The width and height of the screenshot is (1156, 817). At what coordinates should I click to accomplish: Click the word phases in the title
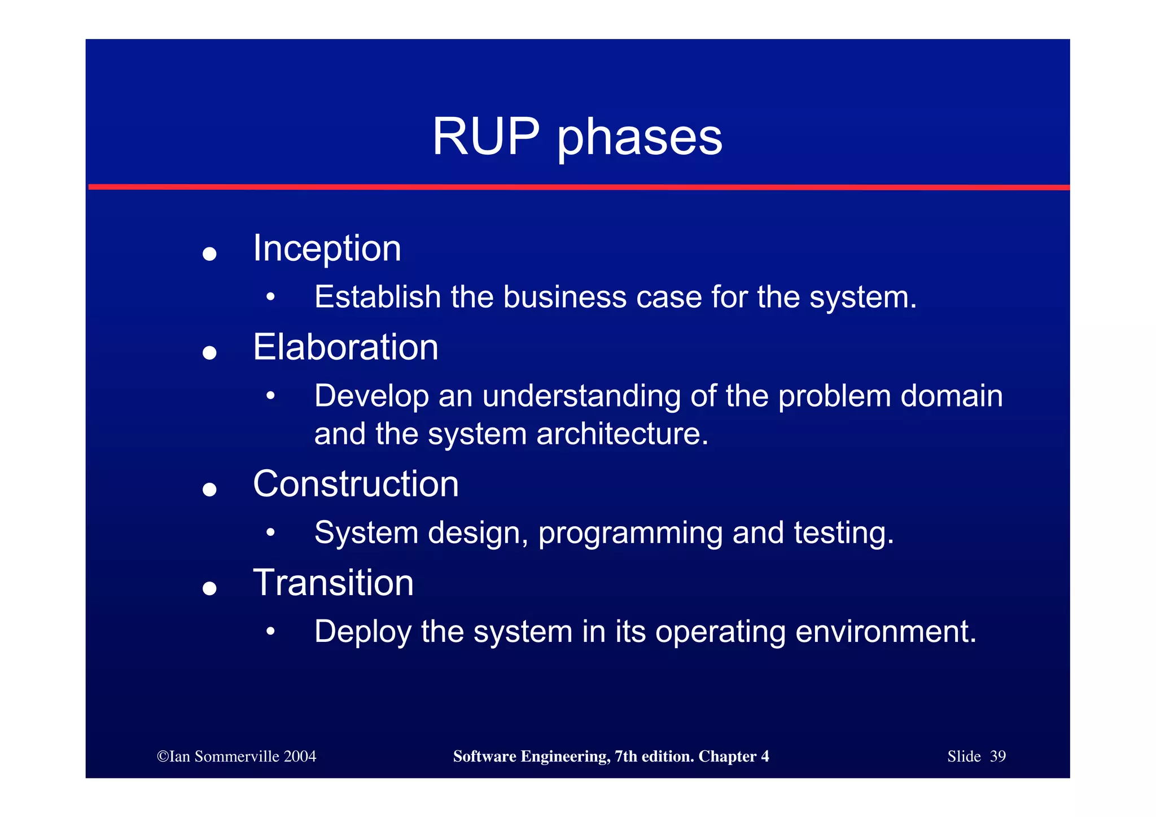coord(640,138)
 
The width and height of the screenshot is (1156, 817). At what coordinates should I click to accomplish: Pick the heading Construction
coord(356,484)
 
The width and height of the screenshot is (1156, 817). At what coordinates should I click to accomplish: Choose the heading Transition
coord(333,583)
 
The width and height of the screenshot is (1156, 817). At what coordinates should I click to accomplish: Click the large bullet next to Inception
coord(209,254)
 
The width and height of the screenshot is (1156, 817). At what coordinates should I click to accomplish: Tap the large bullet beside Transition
coord(209,589)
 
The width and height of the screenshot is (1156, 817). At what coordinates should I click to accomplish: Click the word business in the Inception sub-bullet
coord(564,297)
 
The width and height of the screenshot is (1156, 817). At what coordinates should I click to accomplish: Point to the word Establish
coord(377,297)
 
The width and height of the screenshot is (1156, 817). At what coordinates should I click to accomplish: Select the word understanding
coord(581,396)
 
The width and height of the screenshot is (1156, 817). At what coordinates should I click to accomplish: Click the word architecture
coord(622,434)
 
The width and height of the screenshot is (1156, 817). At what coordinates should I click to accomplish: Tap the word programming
coord(630,534)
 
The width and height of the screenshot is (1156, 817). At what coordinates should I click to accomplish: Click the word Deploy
coord(362,632)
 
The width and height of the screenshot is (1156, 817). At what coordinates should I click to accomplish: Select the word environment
coord(885,632)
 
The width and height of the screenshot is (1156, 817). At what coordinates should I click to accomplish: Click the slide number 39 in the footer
coord(997,757)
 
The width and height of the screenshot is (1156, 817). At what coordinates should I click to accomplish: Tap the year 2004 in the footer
coord(300,757)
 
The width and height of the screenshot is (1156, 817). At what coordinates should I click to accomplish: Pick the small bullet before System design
coord(271,532)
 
